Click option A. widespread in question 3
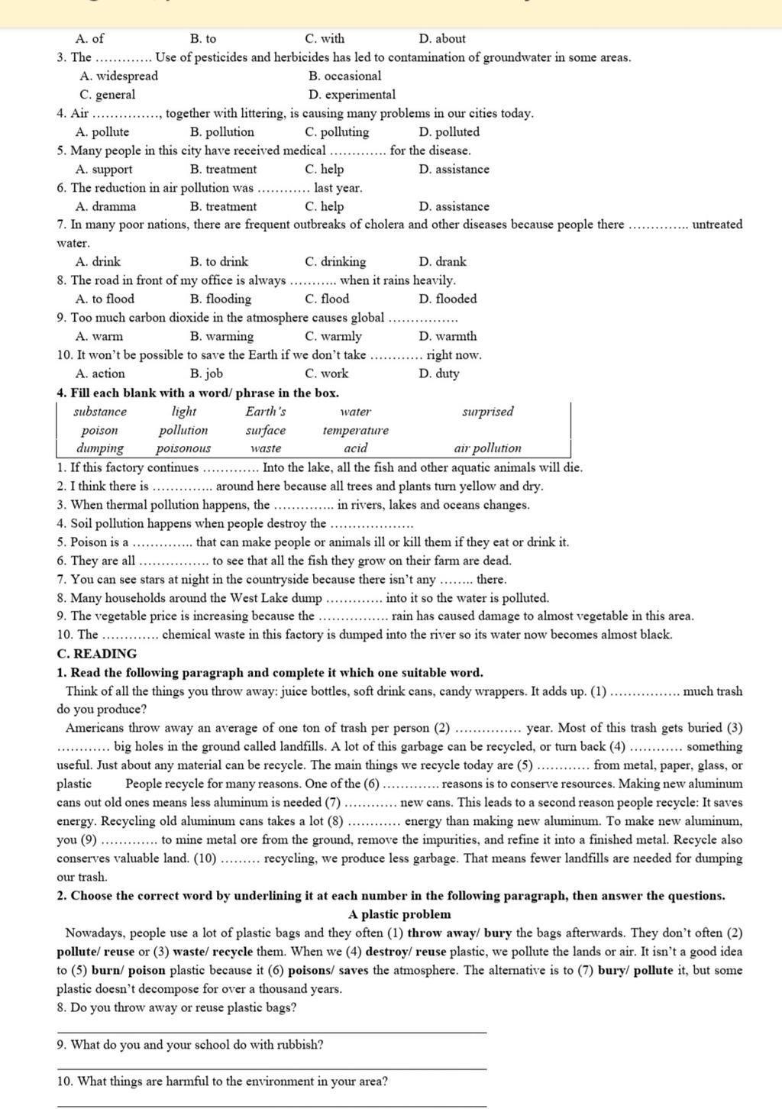tap(118, 76)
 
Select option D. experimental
tap(352, 95)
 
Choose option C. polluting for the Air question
tap(336, 132)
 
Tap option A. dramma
tap(105, 206)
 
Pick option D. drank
tap(442, 262)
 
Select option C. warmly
tap(333, 336)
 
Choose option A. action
tap(100, 373)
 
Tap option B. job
tap(206, 373)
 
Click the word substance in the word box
tap(100, 412)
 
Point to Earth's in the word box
tap(266, 412)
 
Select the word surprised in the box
tap(488, 412)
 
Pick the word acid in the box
tap(356, 448)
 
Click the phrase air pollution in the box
tap(488, 448)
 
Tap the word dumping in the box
tap(100, 448)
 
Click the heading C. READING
tap(97, 654)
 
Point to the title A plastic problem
tap(399, 914)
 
